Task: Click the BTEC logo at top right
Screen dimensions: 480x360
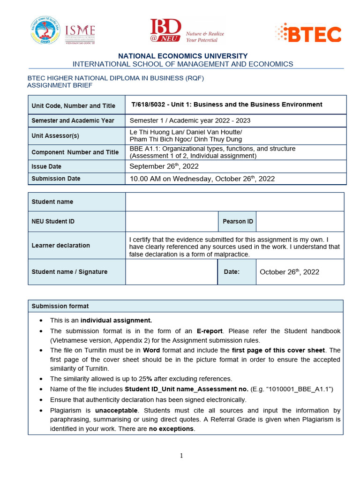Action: (x=308, y=33)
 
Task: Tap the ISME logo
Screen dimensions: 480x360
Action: (x=80, y=33)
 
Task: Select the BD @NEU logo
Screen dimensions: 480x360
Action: (x=187, y=31)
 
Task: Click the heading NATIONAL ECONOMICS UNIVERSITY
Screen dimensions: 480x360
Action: (x=183, y=56)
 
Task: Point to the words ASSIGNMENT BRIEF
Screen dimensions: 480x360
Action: (x=60, y=85)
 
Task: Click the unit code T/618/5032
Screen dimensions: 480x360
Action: (x=151, y=105)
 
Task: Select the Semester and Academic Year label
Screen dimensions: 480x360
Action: (x=73, y=120)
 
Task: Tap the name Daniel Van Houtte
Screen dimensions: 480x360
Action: (x=215, y=132)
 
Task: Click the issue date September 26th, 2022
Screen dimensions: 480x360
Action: (x=164, y=166)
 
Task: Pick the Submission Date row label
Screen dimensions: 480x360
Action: (x=56, y=179)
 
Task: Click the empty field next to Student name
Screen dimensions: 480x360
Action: (x=234, y=202)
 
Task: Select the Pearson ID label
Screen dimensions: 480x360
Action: (x=238, y=221)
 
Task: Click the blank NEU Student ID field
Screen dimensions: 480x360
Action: (x=171, y=221)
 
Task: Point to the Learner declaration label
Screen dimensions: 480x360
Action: (x=60, y=245)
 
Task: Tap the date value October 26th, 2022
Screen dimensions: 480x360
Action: (x=289, y=272)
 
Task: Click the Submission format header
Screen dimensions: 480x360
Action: (x=60, y=306)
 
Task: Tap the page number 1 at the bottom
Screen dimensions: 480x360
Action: (x=181, y=456)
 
